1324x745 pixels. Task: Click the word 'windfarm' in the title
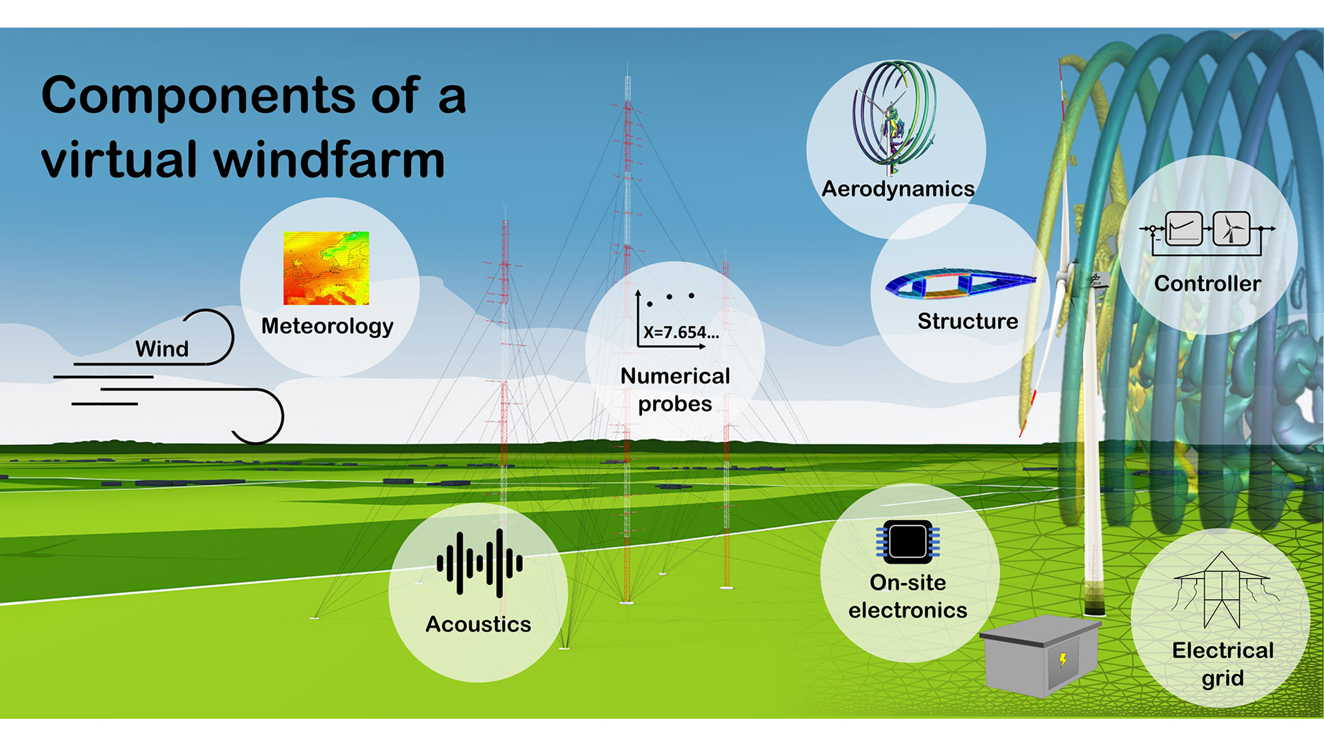[x=329, y=160]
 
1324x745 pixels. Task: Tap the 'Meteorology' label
[x=327, y=326]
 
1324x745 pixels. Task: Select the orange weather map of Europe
[x=326, y=268]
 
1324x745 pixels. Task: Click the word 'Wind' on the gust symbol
[x=161, y=348]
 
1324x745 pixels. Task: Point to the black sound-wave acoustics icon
[x=479, y=563]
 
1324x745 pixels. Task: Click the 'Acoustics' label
[x=478, y=624]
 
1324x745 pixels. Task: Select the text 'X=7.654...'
[x=681, y=332]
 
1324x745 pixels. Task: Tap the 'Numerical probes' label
[x=675, y=390]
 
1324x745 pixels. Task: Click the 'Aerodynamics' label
[x=898, y=189]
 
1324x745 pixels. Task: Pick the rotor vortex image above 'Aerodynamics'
[x=894, y=117]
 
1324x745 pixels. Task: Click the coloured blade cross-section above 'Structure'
[x=960, y=284]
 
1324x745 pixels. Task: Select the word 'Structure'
[x=967, y=321]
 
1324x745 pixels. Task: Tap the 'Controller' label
[x=1207, y=284]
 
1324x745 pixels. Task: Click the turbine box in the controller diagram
[x=1231, y=228]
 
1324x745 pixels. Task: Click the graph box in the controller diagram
[x=1183, y=228]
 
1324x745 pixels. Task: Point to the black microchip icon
[x=907, y=541]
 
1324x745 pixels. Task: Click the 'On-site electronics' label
[x=907, y=597]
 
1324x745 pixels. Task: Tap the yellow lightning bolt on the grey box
[x=1063, y=659]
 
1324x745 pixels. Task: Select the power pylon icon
[x=1221, y=590]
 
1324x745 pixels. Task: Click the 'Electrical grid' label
[x=1223, y=664]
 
